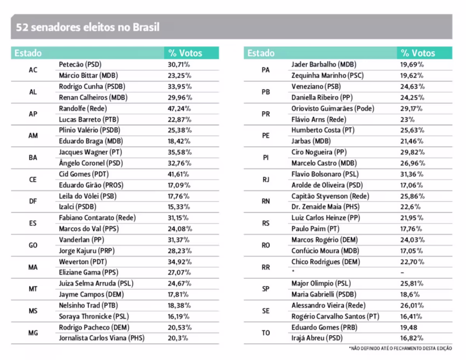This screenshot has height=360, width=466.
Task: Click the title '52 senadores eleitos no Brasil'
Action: click(87, 28)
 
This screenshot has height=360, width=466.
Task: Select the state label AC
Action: click(33, 70)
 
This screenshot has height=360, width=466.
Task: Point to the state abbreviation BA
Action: click(33, 158)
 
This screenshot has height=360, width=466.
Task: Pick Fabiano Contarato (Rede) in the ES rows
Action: click(97, 218)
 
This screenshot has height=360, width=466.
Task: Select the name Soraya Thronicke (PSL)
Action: click(95, 316)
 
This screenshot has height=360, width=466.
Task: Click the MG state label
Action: click(33, 333)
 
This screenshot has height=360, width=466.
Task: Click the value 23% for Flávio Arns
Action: click(408, 119)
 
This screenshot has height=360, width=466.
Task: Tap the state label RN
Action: click(265, 201)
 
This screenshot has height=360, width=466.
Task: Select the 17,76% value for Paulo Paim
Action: click(412, 229)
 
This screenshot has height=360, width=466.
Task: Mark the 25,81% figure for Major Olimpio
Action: click(412, 283)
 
